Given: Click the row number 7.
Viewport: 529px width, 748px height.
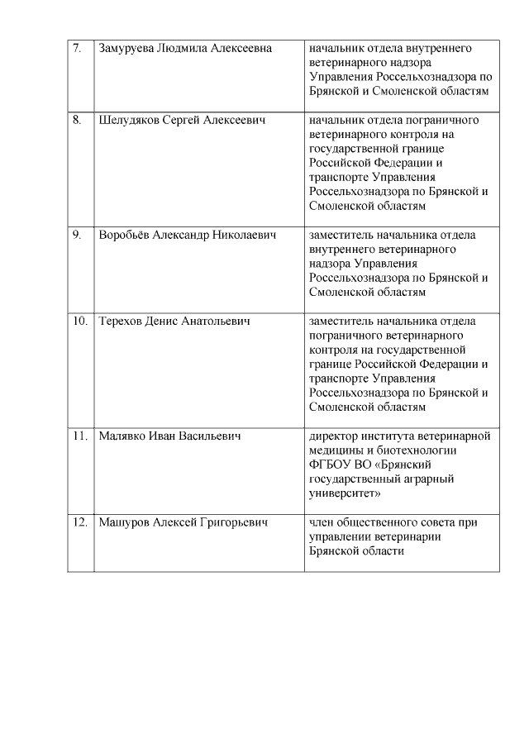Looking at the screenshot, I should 77,48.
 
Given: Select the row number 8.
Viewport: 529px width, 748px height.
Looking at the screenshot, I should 77,121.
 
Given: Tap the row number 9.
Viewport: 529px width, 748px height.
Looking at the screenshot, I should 77,235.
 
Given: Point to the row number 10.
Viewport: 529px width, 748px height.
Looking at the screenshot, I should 79,321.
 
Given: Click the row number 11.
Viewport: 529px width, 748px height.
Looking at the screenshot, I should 79,436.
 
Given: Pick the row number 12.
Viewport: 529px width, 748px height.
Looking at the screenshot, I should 79,522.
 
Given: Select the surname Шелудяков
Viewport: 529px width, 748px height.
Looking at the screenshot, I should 129,121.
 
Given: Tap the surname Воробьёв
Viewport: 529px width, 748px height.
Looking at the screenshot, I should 125,235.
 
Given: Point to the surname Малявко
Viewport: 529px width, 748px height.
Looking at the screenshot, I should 122,436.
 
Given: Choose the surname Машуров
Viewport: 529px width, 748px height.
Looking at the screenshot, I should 123,522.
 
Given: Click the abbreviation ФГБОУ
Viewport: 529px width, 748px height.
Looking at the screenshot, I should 327,465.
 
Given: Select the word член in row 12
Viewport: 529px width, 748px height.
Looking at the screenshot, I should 322,522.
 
